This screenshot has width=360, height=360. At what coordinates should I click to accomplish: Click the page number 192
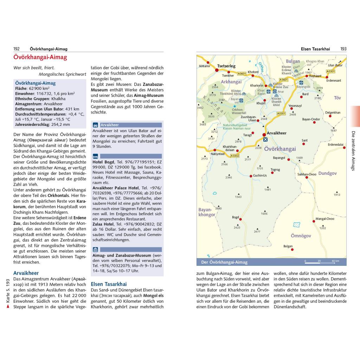pyautogui.click(x=16, y=49)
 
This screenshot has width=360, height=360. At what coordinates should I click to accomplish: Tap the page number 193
pyautogui.click(x=343, y=49)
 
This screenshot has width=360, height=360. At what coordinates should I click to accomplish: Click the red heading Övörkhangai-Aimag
pyautogui.click(x=40, y=57)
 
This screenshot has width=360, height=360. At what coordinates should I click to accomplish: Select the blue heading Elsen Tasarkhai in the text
pyautogui.click(x=109, y=284)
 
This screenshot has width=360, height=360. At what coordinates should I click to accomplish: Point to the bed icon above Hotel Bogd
pyautogui.click(x=95, y=156)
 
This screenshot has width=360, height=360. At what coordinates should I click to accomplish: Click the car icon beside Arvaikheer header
pyautogui.click(x=95, y=125)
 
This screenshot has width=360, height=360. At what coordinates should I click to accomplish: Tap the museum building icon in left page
pyautogui.click(x=95, y=249)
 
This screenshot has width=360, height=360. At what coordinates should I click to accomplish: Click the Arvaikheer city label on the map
pyautogui.click(x=277, y=133)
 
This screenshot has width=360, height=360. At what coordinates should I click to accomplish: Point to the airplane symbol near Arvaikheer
pyautogui.click(x=265, y=140)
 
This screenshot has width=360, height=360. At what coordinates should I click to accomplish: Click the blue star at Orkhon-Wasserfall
pyautogui.click(x=234, y=106)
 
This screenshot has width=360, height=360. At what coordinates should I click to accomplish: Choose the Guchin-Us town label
pyautogui.click(x=260, y=175)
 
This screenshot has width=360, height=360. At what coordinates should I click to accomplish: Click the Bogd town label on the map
pyautogui.click(x=235, y=217)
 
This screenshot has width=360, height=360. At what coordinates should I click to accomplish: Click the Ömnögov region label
pyautogui.click(x=301, y=236)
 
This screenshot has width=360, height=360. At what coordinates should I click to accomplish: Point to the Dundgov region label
pyautogui.click(x=327, y=173)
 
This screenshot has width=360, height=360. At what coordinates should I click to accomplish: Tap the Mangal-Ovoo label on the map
pyautogui.click(x=325, y=219)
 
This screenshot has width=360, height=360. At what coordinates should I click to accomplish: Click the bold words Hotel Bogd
pyautogui.click(x=103, y=162)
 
